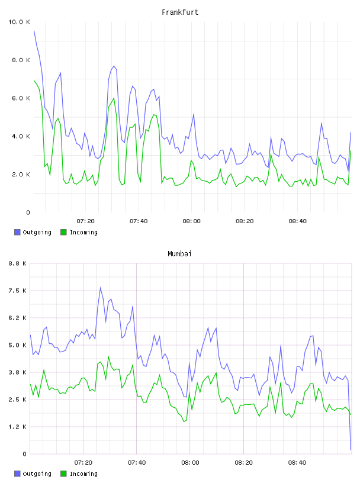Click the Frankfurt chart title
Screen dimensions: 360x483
pyautogui.click(x=180, y=12)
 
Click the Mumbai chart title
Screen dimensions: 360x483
pyautogui.click(x=179, y=253)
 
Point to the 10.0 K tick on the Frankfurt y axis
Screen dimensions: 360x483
pyautogui.click(x=19, y=22)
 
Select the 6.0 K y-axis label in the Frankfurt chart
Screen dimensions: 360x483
pyautogui.click(x=21, y=98)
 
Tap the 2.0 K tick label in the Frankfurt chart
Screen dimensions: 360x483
pyautogui.click(x=21, y=175)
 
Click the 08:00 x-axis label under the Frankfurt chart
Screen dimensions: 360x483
pyautogui.click(x=191, y=221)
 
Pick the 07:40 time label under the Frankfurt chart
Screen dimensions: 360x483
pyautogui.click(x=139, y=221)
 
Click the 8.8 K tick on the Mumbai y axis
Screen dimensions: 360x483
pyautogui.click(x=17, y=263)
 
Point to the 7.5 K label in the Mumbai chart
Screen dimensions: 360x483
pyautogui.click(x=17, y=291)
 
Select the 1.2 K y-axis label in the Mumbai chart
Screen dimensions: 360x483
pyautogui.click(x=17, y=427)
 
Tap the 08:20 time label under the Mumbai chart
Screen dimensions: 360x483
pyautogui.click(x=243, y=462)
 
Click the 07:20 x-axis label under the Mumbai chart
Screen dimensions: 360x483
pyautogui.click(x=83, y=462)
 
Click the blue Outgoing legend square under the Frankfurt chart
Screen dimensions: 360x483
pyautogui.click(x=17, y=232)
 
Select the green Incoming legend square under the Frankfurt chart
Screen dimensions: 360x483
pyautogui.click(x=63, y=232)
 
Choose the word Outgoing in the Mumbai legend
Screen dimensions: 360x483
pyautogui.click(x=37, y=474)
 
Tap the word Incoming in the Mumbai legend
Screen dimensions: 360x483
pyautogui.click(x=83, y=474)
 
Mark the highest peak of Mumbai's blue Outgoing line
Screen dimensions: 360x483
pyautogui.click(x=101, y=288)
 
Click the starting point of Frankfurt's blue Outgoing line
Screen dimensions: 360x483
pyautogui.click(x=34, y=31)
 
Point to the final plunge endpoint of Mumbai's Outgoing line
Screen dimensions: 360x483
pyautogui.click(x=351, y=449)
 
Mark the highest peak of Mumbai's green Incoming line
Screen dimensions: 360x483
pyautogui.click(x=108, y=356)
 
